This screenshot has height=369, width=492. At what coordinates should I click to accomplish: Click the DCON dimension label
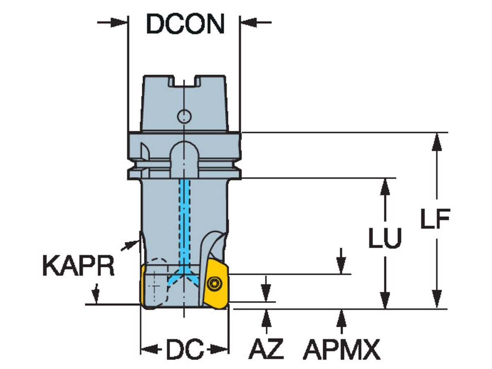[185, 24]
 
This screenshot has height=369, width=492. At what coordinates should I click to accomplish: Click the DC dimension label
[184, 350]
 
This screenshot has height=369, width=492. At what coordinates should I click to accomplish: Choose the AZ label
[266, 350]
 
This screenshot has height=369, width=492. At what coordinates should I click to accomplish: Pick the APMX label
[342, 350]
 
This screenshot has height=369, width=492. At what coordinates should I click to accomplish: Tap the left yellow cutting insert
[143, 285]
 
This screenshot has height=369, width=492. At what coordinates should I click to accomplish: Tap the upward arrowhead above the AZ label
[266, 317]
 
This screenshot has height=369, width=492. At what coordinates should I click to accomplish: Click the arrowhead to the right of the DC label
[222, 350]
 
